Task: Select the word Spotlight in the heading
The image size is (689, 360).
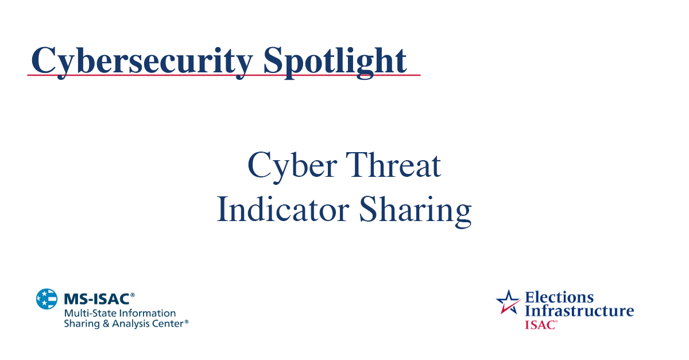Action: pos(335,60)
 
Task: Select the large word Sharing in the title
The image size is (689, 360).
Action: pos(415,211)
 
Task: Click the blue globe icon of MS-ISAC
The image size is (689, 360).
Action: pos(47,299)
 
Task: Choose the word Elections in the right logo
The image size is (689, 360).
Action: pos(559,297)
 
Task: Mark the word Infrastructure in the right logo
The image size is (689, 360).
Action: pos(579,311)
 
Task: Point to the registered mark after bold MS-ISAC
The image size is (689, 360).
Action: pos(133,295)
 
